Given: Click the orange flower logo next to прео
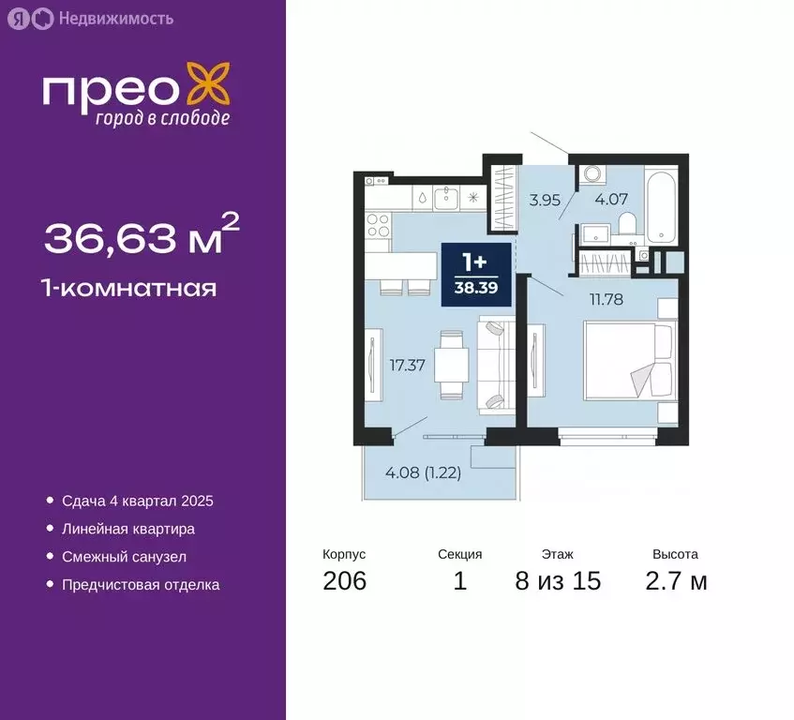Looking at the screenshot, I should click(207, 85).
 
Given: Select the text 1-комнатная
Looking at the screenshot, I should click(130, 288).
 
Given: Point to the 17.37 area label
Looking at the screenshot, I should click(408, 366).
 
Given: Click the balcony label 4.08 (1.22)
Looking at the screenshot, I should click(422, 472).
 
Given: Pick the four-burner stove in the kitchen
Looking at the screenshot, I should click(378, 225).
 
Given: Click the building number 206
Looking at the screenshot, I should click(344, 581).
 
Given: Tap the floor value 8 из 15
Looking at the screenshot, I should click(558, 581).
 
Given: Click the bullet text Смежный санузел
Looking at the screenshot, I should click(125, 557).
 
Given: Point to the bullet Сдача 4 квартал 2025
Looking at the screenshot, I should click(138, 502).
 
